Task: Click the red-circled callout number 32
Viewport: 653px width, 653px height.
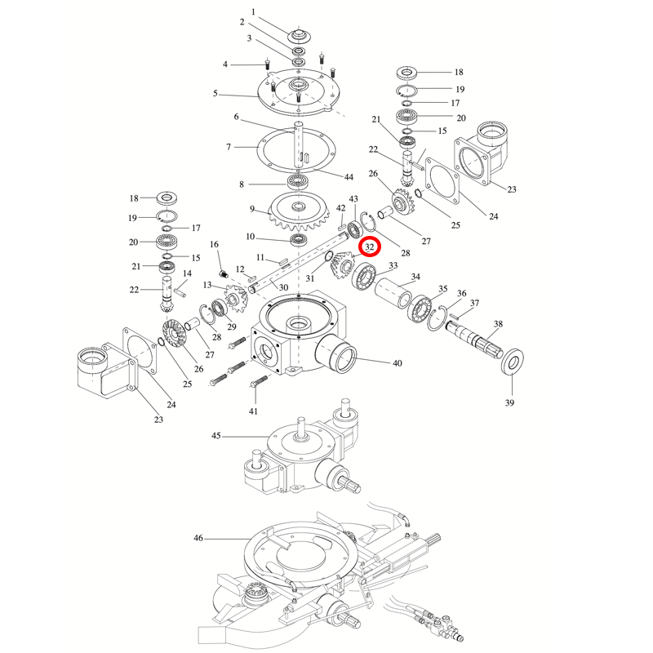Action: [x=370, y=247]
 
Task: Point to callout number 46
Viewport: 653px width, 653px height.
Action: [x=198, y=539]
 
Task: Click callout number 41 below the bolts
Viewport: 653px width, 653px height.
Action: [x=254, y=411]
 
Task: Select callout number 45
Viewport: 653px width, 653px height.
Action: [x=215, y=437]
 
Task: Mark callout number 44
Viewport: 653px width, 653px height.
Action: [x=349, y=177]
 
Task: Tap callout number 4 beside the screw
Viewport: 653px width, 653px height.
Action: [x=225, y=64]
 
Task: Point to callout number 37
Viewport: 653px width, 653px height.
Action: [x=475, y=303]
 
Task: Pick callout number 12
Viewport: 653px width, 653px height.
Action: [x=240, y=269]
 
